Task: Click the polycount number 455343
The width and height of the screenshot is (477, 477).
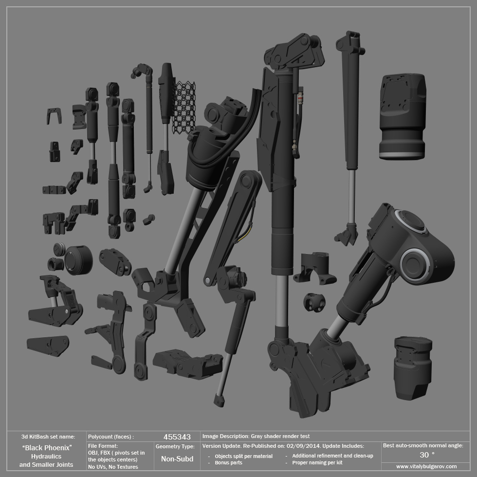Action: [177, 437]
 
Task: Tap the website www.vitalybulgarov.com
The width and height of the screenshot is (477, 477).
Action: [426, 466]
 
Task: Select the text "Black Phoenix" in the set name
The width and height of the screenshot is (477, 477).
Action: [47, 448]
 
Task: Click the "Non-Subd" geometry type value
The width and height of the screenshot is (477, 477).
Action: [177, 459]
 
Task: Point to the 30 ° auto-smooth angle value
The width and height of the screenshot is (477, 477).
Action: [427, 455]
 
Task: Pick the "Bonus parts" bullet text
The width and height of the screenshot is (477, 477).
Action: [228, 463]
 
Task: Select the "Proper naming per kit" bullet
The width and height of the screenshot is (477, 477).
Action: [317, 463]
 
